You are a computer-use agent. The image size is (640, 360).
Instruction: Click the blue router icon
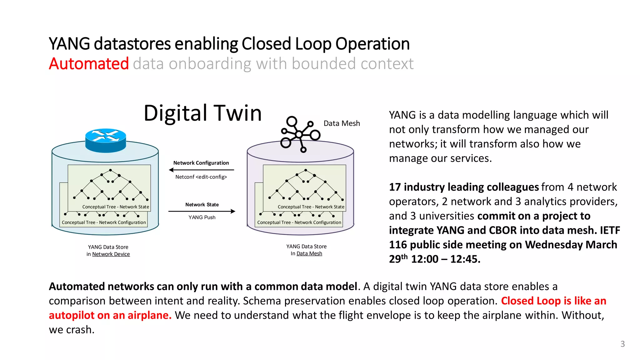[106, 140]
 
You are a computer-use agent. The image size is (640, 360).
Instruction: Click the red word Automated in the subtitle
[89, 64]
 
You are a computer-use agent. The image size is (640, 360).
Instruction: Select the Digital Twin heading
[202, 113]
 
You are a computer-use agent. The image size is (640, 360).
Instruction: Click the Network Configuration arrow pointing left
[201, 170]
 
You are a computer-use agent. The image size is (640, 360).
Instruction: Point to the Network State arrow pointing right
[202, 212]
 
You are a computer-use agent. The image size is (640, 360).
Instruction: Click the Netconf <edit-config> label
[201, 177]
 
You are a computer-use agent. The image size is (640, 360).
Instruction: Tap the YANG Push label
[202, 217]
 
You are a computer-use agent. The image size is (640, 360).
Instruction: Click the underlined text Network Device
[111, 254]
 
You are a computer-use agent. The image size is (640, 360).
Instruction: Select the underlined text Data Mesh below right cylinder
[309, 254]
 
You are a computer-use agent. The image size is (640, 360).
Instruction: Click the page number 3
[622, 344]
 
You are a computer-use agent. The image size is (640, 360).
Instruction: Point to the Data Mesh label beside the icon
[342, 123]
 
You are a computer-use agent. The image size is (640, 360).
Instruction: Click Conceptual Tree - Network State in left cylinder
[116, 207]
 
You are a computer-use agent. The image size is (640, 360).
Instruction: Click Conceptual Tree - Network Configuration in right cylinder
[299, 222]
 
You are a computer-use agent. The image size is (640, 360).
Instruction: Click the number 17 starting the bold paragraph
[395, 187]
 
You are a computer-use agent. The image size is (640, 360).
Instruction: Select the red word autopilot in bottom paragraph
[72, 315]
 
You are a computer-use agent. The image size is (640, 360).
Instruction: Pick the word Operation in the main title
[372, 44]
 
